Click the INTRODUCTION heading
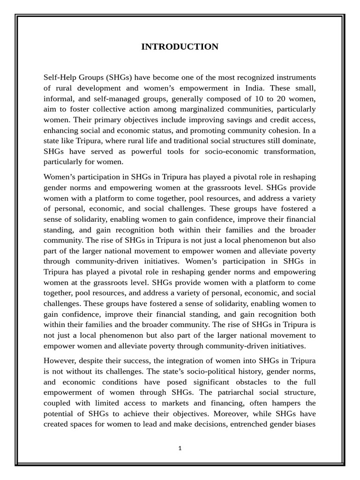pos(180,47)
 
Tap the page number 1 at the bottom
pos(180,448)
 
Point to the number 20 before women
pos(290,98)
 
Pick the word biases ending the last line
pos(304,424)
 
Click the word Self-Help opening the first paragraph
pos(60,77)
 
